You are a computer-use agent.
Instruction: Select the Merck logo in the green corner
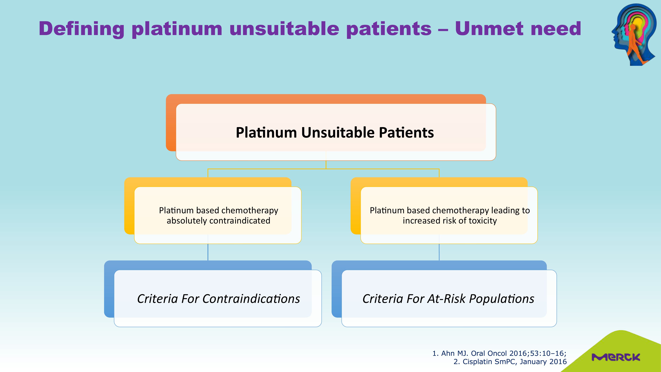pyautogui.click(x=616, y=357)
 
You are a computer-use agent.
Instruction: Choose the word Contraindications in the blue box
pyautogui.click(x=251, y=299)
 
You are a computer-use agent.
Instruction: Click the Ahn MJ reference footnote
pyautogui.click(x=499, y=353)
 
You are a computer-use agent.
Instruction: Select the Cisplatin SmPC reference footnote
pyautogui.click(x=510, y=362)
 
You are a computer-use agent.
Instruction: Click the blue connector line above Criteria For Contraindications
pyautogui.click(x=208, y=252)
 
